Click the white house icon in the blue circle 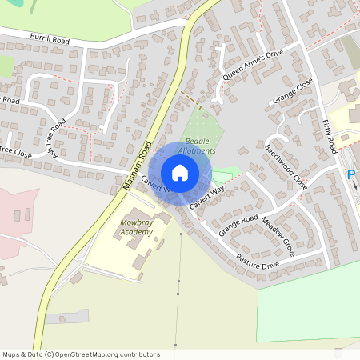180,173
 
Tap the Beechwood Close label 286,166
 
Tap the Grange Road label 238,225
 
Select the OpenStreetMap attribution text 80,354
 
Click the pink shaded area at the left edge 14,216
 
